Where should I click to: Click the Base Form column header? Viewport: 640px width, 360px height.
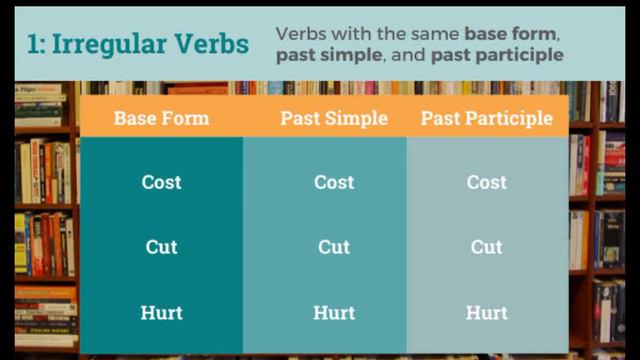(161, 118)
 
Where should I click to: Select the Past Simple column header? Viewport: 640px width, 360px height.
(334, 118)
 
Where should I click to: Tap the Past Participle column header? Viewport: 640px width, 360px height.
(486, 118)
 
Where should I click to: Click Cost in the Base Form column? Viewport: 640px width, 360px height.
(161, 182)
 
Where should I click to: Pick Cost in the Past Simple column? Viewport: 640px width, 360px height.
(334, 182)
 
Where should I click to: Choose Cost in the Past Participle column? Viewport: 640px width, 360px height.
(486, 182)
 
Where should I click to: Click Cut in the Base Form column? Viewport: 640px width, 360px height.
(161, 247)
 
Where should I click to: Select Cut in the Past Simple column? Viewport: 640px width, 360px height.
(334, 247)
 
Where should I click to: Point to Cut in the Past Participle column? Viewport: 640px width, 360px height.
(486, 247)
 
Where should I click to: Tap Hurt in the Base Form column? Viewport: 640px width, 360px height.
(161, 312)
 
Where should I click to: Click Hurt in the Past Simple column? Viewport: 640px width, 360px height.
(334, 312)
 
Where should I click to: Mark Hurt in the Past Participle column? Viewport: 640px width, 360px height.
(486, 312)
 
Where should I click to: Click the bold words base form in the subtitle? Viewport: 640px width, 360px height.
(511, 33)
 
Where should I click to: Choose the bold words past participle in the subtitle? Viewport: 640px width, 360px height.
(497, 55)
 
